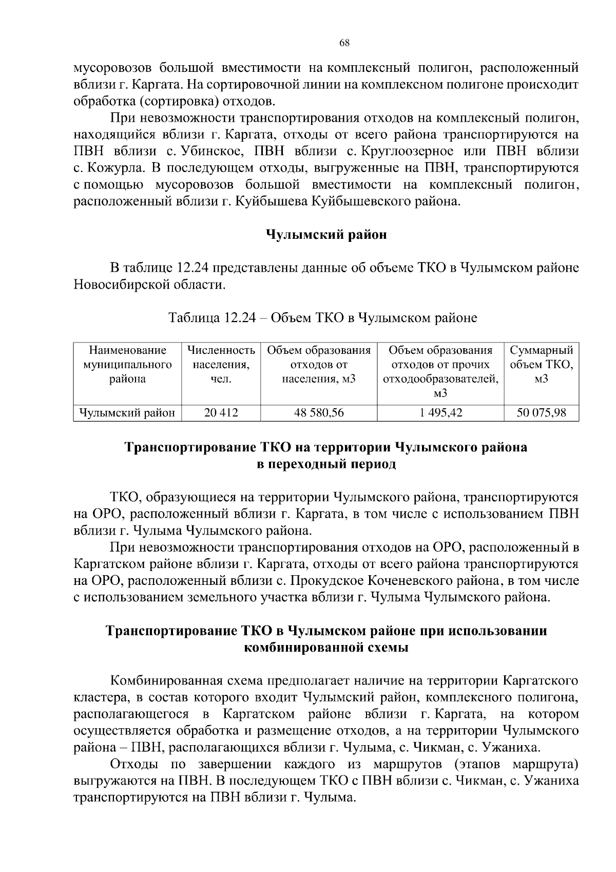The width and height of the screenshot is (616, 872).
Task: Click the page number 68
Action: [344, 43]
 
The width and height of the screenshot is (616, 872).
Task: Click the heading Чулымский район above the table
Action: [326, 235]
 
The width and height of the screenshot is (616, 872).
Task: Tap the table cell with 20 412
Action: [221, 412]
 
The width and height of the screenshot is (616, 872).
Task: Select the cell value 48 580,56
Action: [319, 412]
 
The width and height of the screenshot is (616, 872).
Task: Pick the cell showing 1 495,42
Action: [440, 412]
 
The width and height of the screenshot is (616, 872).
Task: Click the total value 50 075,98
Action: [541, 412]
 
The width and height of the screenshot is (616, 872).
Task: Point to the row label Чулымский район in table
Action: [127, 412]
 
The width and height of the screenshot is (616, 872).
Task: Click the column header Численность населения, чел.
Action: [221, 365]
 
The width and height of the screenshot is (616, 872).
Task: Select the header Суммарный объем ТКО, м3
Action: [541, 365]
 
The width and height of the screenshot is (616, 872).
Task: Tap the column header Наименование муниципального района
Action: [127, 365]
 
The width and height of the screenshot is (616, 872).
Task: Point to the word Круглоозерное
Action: [408, 151]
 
